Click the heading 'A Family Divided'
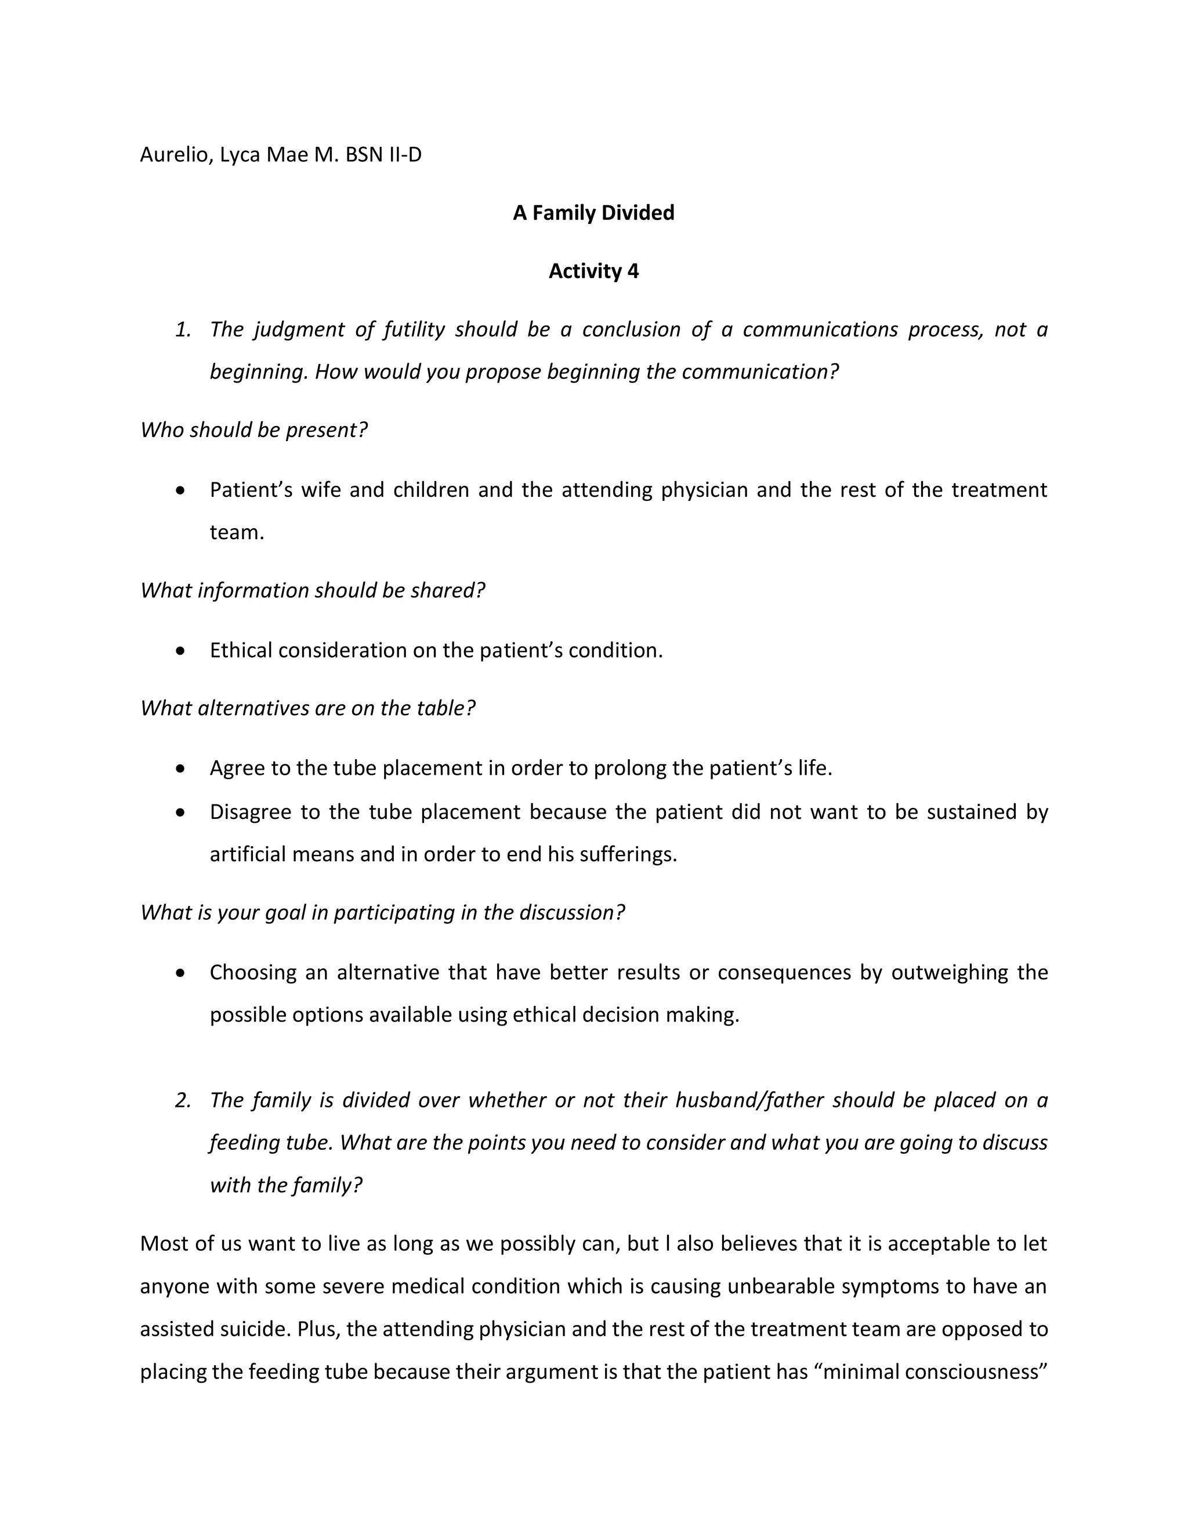[593, 212]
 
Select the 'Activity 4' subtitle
[593, 271]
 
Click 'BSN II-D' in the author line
[383, 155]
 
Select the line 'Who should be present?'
[254, 430]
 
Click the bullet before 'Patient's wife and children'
[182, 490]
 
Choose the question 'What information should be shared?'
[313, 590]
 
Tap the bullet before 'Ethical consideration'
[182, 651]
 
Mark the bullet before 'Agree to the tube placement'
[182, 768]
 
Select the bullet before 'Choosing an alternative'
[182, 973]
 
